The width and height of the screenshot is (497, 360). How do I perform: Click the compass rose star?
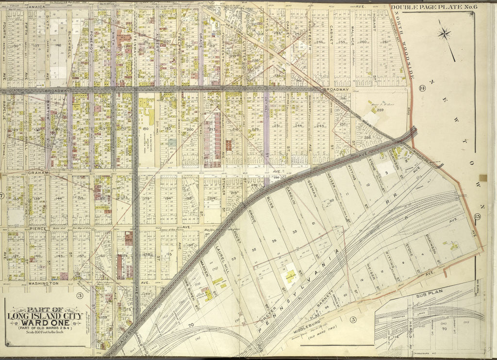click(444, 34)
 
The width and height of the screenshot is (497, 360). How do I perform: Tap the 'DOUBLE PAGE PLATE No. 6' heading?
click(431, 7)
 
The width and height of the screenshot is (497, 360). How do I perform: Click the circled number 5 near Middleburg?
click(353, 319)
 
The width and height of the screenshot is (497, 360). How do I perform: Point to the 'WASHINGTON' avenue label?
click(43, 282)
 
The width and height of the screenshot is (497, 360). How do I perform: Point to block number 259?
click(380, 110)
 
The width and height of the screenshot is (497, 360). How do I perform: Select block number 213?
click(212, 130)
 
